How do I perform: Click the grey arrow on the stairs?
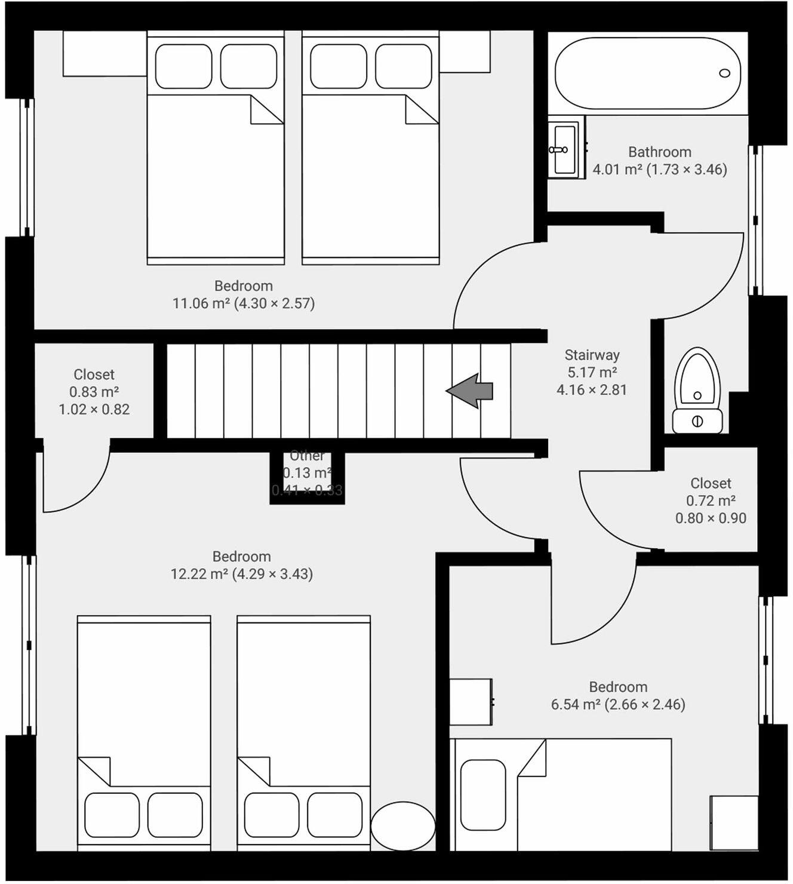click(x=471, y=391)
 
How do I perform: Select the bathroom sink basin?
click(x=563, y=149)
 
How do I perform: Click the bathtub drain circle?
click(x=724, y=73)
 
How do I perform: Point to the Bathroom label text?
click(x=659, y=152)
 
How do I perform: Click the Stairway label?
click(x=592, y=355)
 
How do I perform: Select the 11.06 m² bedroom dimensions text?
click(x=244, y=303)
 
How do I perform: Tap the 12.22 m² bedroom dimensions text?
click(x=242, y=574)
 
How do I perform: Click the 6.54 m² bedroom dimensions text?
click(x=618, y=704)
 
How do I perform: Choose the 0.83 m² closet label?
click(x=94, y=392)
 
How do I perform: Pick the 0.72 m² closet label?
click(x=711, y=501)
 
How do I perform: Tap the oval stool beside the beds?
click(x=403, y=827)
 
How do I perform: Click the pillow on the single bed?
click(x=483, y=794)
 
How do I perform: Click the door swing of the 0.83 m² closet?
click(x=81, y=481)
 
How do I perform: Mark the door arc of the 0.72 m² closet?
click(x=609, y=514)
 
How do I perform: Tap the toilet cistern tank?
click(x=697, y=420)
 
